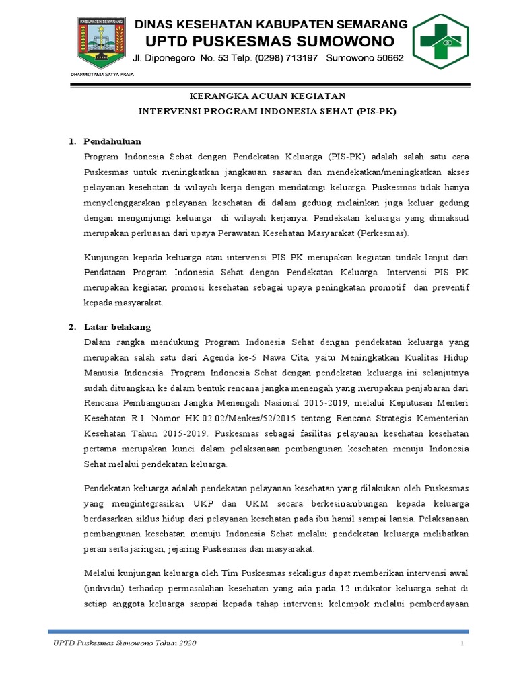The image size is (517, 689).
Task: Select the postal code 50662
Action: [x=388, y=59]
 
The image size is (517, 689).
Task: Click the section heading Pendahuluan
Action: [x=111, y=142]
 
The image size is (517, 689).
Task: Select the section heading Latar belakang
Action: [x=117, y=327]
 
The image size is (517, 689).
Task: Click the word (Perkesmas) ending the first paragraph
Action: [x=384, y=233]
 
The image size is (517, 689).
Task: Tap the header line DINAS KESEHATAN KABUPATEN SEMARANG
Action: [x=271, y=24]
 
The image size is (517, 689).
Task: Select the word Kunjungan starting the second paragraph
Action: [x=106, y=258]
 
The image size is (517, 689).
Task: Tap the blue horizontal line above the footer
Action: [x=258, y=631]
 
